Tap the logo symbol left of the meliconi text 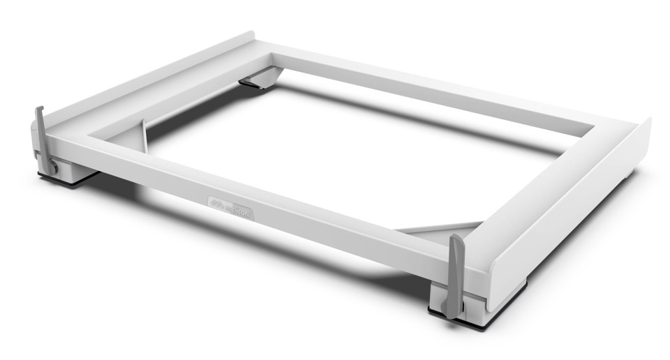[x=216, y=203]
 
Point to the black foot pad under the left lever [x=66, y=180]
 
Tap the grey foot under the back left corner [x=255, y=81]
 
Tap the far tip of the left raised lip [x=249, y=34]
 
